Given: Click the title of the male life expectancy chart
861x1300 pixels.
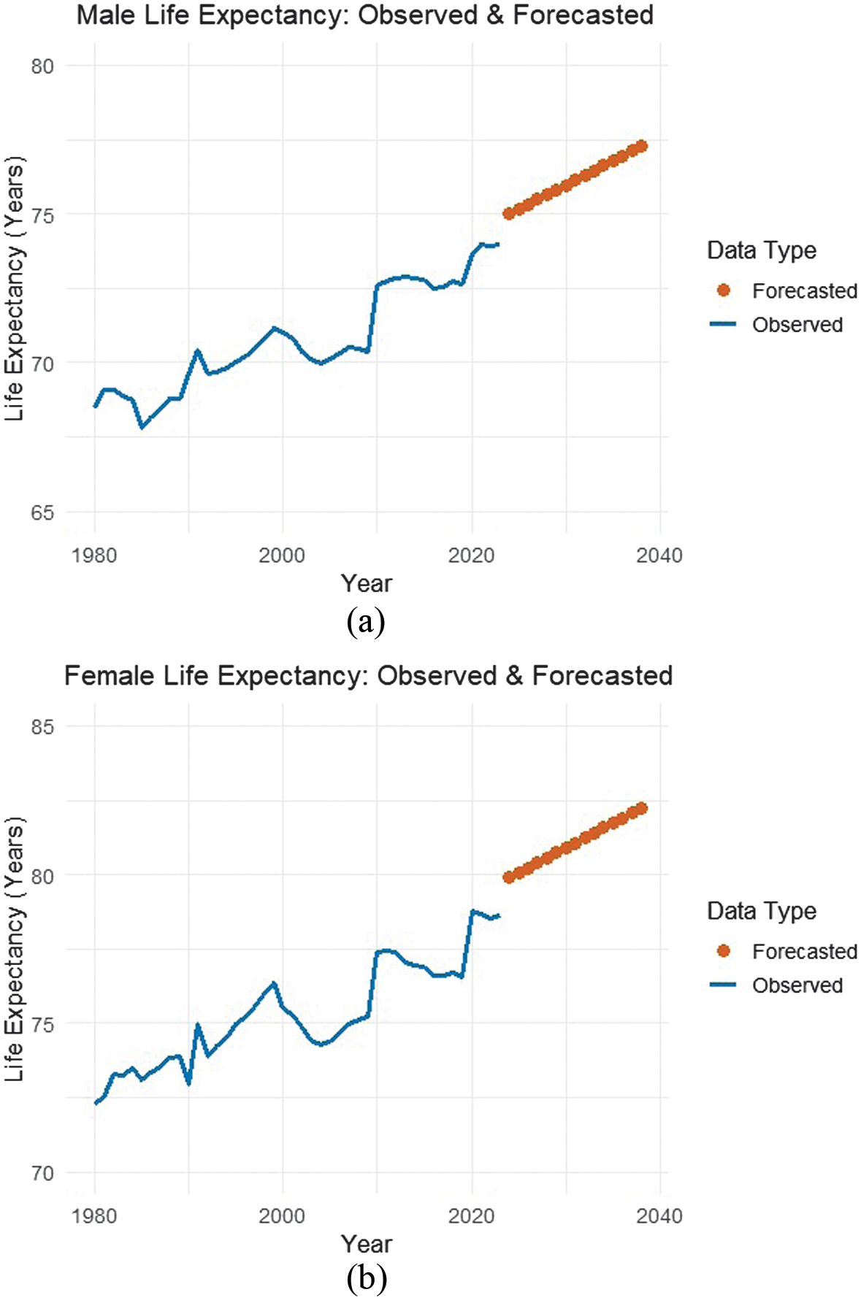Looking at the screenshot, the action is (x=365, y=15).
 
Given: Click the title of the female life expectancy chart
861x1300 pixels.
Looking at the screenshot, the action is (x=368, y=675).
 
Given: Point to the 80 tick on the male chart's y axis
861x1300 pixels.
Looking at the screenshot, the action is (x=42, y=66).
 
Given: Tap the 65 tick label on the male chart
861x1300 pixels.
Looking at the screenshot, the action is (x=42, y=512).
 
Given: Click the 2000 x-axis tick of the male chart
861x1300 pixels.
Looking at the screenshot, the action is (x=282, y=555).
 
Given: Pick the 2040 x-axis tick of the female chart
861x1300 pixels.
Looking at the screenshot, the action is (x=659, y=1216).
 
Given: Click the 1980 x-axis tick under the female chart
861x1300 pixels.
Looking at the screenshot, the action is (x=94, y=1216).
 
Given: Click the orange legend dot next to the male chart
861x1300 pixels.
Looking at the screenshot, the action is (x=724, y=291).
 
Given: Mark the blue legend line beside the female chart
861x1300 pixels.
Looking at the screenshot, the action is (x=723, y=985).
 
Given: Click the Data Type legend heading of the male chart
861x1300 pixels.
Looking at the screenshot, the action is (x=762, y=250).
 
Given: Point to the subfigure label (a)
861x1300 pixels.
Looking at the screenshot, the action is (x=366, y=622).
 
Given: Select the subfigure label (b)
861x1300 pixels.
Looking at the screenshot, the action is (x=367, y=1279).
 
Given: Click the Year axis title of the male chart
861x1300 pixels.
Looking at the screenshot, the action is (x=367, y=583).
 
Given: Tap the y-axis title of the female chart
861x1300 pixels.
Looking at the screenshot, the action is (x=15, y=949).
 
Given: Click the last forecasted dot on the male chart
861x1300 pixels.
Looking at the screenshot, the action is (x=642, y=146).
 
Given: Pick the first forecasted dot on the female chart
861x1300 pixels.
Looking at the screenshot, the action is (x=509, y=877).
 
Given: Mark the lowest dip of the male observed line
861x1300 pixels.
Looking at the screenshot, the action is (x=142, y=426).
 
